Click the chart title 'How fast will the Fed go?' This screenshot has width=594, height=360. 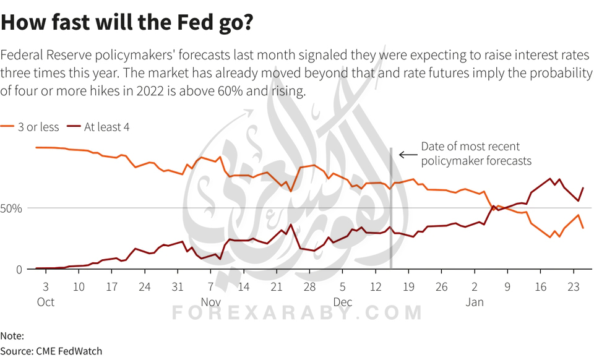[x=127, y=22]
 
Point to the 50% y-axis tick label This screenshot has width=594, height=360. [x=11, y=208]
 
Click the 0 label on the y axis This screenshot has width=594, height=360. [x=19, y=269]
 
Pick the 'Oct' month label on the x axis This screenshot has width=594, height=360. [x=46, y=302]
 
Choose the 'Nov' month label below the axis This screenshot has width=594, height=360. [x=211, y=302]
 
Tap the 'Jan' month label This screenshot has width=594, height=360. [x=475, y=302]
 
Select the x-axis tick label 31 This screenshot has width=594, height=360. [x=178, y=287]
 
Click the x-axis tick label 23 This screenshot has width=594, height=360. [x=573, y=287]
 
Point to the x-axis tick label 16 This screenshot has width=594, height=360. [x=540, y=287]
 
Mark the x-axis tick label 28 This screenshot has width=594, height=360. [x=309, y=287]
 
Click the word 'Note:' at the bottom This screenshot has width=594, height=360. [x=12, y=336]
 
